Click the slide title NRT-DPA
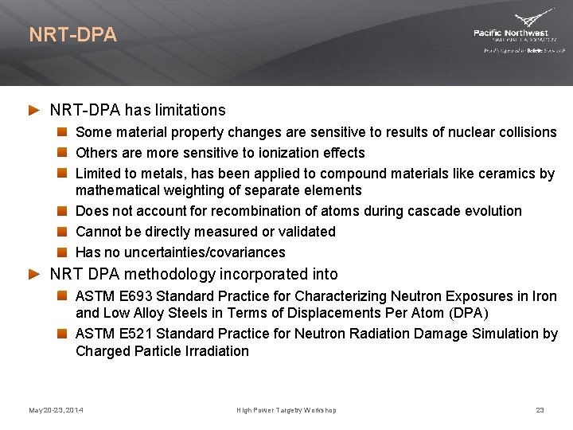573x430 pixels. (72, 35)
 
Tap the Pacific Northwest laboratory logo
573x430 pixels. (519, 32)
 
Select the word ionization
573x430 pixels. (280, 153)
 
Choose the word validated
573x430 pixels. (306, 232)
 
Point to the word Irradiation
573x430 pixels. (216, 351)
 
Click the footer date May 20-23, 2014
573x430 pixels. (56, 410)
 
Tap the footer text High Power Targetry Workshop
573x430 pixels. (286, 410)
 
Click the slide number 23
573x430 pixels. (540, 410)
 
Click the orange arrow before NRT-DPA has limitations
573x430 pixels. (34, 110)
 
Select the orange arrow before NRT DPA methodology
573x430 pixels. (34, 274)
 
